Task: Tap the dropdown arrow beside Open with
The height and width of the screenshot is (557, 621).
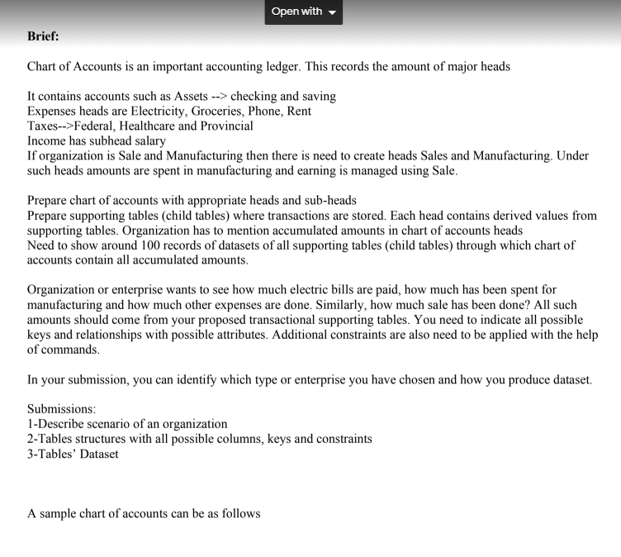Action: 332,12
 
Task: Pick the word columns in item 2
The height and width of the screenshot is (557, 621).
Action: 204,439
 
